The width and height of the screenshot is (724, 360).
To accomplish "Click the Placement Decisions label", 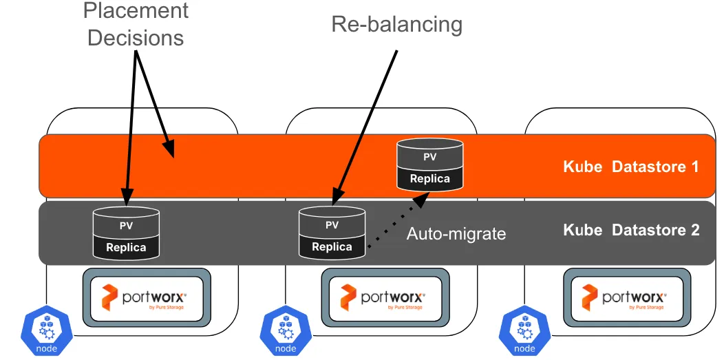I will tap(136, 24).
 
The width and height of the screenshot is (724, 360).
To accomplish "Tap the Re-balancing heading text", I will tap(396, 24).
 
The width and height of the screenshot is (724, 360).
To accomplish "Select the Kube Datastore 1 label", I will tap(631, 167).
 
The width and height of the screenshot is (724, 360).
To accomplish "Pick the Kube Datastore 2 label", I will tap(631, 230).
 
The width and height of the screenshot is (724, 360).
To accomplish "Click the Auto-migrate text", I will tap(456, 234).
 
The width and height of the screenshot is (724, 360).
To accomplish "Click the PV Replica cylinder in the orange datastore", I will tap(430, 165).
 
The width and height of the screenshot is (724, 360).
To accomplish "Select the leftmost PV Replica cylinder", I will tap(126, 234).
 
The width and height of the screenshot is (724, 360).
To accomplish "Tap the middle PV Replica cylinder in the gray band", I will tap(332, 234).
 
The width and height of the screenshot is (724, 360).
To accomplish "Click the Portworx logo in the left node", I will tap(145, 297).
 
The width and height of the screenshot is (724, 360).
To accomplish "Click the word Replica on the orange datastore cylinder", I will tap(430, 179).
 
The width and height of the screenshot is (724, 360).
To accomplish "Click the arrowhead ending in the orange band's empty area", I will tap(169, 148).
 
